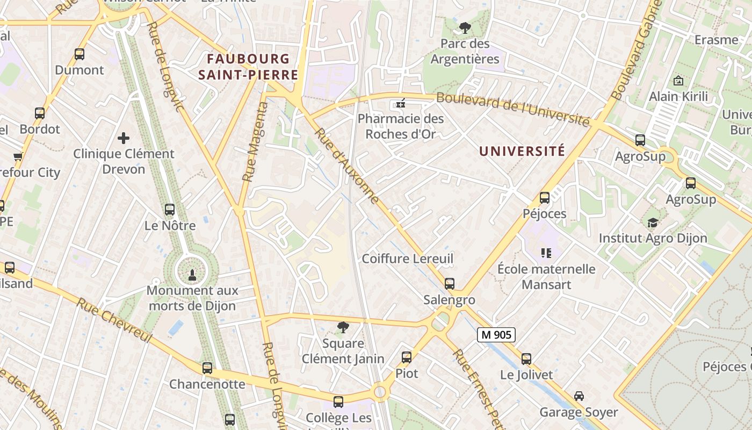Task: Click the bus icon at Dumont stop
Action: pos(79,54)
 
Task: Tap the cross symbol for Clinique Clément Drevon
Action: pos(124,138)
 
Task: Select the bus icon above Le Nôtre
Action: pos(170,209)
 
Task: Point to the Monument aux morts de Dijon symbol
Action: pos(191,275)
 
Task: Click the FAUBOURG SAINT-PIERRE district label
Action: pos(248,67)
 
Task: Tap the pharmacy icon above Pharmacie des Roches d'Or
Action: pos(400,103)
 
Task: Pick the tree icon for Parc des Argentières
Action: pos(465,27)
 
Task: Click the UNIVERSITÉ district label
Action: pos(522,151)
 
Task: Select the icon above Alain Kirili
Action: pos(678,81)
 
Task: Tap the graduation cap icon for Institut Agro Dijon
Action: pos(653,223)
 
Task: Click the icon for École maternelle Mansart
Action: pos(546,253)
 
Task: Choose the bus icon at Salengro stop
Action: pos(450,283)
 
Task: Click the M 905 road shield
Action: pos(496,335)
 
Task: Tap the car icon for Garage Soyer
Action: pos(579,396)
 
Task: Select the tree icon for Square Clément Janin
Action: pos(343,327)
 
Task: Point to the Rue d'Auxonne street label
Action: pos(347,166)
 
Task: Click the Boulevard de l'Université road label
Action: pos(512,109)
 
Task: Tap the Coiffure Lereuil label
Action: pos(408,259)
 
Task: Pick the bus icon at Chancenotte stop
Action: pos(207,368)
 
